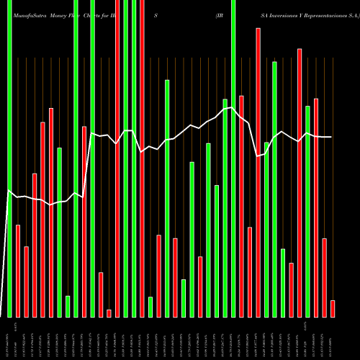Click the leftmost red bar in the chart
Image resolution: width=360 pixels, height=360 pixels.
point(18,271)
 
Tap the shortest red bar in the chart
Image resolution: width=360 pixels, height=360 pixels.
point(109,312)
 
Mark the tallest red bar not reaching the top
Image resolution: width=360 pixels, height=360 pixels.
point(258,172)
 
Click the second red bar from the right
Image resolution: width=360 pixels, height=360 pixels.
point(325,277)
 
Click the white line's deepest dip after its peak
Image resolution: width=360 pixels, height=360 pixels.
point(258,156)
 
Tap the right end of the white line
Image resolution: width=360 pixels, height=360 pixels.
point(331,137)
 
